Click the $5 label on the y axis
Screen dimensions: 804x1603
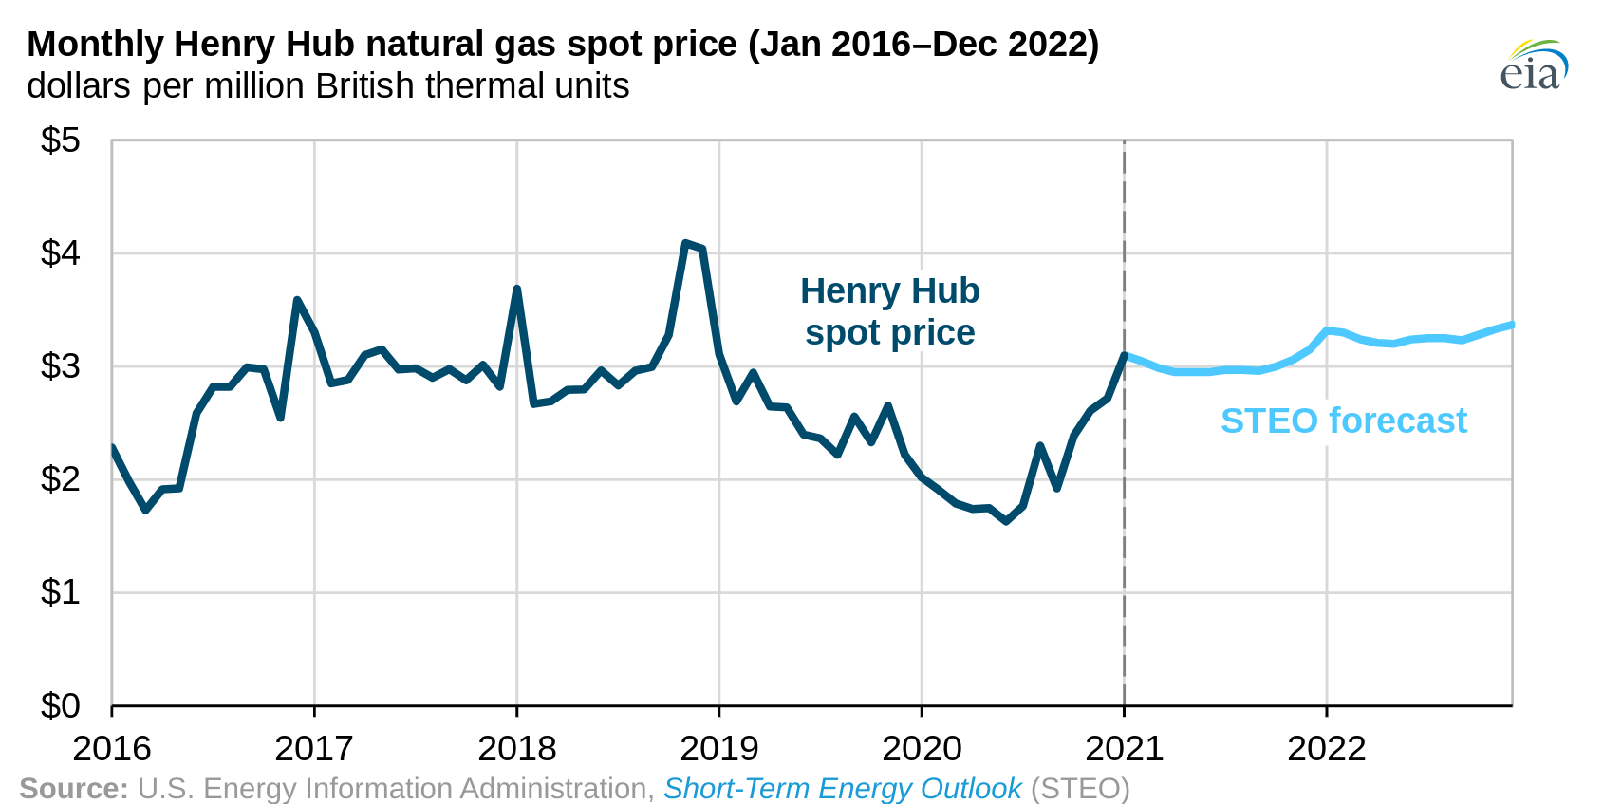pyautogui.click(x=60, y=141)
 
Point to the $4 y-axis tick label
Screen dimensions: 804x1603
pyautogui.click(x=60, y=253)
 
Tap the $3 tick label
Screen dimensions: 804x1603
pyautogui.click(x=60, y=366)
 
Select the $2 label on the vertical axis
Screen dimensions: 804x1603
pyautogui.click(x=60, y=479)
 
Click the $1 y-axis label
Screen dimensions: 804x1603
pyautogui.click(x=60, y=592)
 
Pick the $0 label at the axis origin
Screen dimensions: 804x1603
pyautogui.click(x=60, y=706)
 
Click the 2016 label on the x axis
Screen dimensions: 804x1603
pyautogui.click(x=112, y=749)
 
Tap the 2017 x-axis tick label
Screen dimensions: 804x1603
pyautogui.click(x=314, y=749)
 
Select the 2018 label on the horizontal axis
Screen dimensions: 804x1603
pyautogui.click(x=516, y=749)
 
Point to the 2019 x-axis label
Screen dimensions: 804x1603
pyautogui.click(x=719, y=749)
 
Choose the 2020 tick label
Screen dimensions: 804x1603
pyautogui.click(x=922, y=749)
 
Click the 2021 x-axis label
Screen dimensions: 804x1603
pyautogui.click(x=1124, y=749)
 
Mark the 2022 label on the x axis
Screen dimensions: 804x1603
pyautogui.click(x=1326, y=749)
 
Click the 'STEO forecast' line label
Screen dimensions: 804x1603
pyautogui.click(x=1343, y=421)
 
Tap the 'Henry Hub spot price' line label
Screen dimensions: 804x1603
pyautogui.click(x=889, y=311)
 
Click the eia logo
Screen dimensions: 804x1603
pyautogui.click(x=1533, y=65)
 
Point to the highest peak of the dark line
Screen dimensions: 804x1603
pyautogui.click(x=685, y=244)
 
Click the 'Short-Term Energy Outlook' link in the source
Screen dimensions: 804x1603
pyautogui.click(x=842, y=789)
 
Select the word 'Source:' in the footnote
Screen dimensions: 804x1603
pyautogui.click(x=73, y=789)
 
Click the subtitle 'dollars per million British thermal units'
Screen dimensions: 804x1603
pyautogui.click(x=327, y=86)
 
